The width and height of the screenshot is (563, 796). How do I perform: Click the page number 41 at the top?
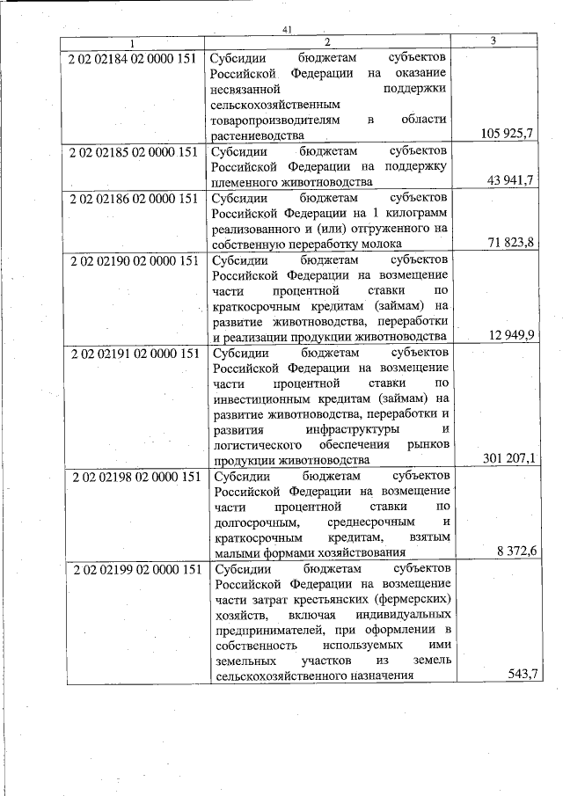pyautogui.click(x=287, y=29)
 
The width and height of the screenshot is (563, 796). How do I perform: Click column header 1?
pyautogui.click(x=133, y=42)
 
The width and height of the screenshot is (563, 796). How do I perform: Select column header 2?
pyautogui.click(x=326, y=42)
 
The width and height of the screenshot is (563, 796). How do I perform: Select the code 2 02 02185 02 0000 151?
pyautogui.click(x=133, y=151)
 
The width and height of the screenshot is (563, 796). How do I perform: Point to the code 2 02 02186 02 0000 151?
pyautogui.click(x=133, y=198)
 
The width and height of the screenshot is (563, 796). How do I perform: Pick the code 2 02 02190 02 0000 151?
pyautogui.click(x=133, y=261)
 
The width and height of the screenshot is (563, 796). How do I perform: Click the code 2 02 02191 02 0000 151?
pyautogui.click(x=133, y=354)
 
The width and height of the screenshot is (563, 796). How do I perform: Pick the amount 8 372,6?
pyautogui.click(x=516, y=551)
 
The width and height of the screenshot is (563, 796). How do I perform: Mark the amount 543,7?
pyautogui.click(x=523, y=675)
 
